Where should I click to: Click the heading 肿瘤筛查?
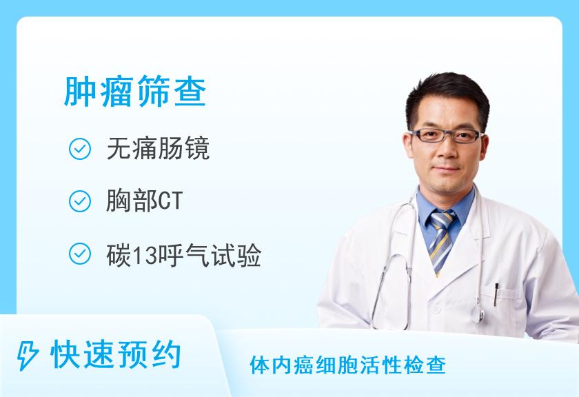coord(135,92)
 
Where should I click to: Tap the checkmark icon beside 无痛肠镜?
coord(80,149)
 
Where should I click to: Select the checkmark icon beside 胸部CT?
coord(80,201)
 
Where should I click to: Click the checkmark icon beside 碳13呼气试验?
coord(80,254)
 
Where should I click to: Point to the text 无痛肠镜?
coord(158,148)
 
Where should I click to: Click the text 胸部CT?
coord(144,201)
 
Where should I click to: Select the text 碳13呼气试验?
coord(184,254)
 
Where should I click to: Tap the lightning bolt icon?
coord(28,356)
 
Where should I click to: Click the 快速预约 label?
coord(116,355)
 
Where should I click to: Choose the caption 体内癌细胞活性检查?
coord(347,365)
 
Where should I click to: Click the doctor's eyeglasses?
coord(447,136)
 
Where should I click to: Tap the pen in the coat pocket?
coord(496,294)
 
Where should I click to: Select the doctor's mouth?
coord(447,168)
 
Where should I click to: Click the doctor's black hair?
coord(447,96)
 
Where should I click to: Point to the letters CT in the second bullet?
coord(170,201)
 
